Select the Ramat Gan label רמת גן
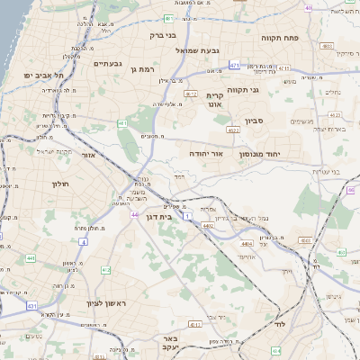pyautogui.click(x=144, y=68)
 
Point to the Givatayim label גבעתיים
pyautogui.click(x=107, y=64)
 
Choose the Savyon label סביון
pyautogui.click(x=254, y=119)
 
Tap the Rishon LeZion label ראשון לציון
pyautogui.click(x=109, y=303)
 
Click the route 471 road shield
pyautogui.click(x=234, y=65)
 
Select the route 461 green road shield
pyautogui.click(x=121, y=121)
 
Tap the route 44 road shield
pyautogui.click(x=134, y=215)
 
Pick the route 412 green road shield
pyautogui.click(x=105, y=270)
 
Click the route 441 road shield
pyautogui.click(x=30, y=257)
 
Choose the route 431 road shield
pyautogui.click(x=32, y=306)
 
